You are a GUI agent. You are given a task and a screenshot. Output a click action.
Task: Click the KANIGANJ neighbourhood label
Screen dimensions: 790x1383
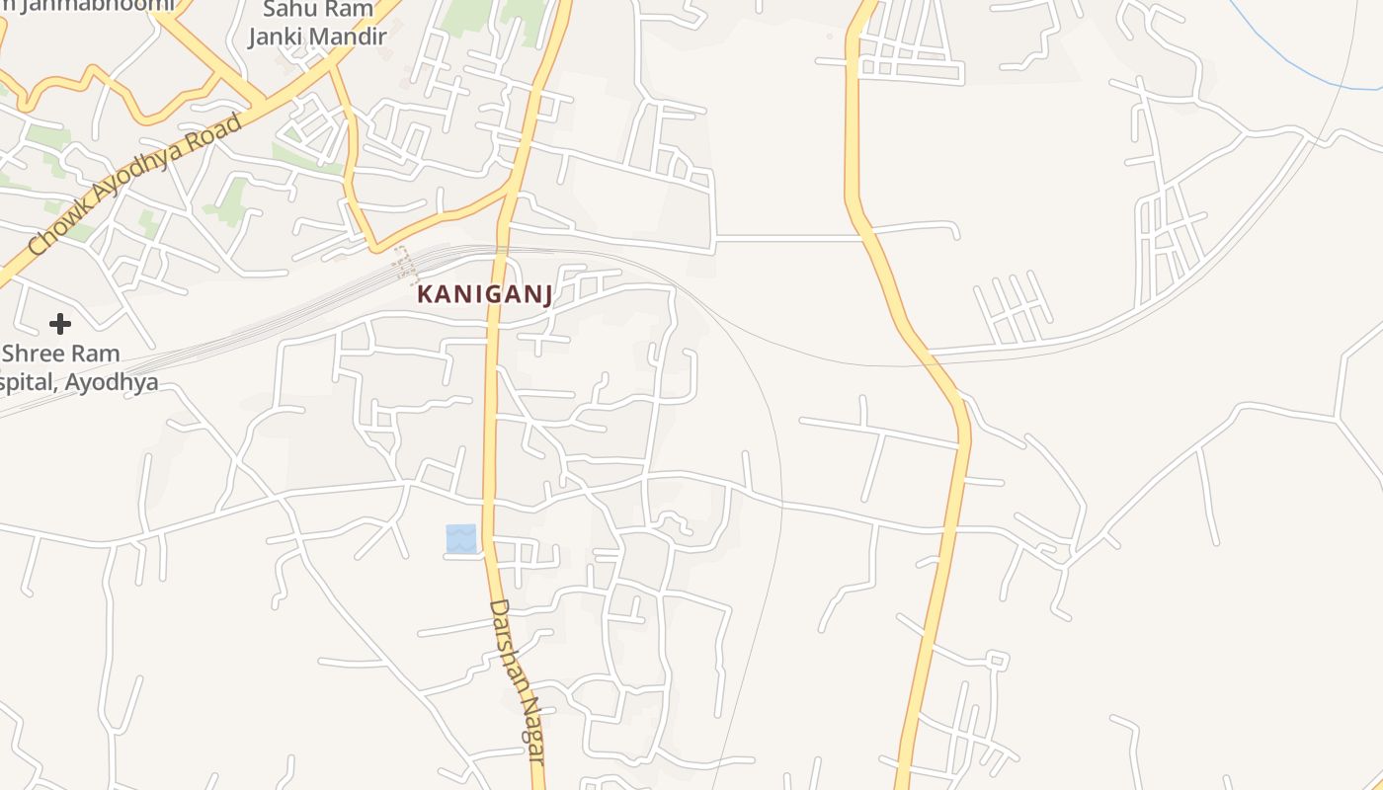coord(484,294)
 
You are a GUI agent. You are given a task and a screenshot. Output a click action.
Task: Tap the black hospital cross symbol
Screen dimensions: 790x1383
coord(60,323)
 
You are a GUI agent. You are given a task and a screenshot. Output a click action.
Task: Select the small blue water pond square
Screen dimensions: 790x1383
coord(460,539)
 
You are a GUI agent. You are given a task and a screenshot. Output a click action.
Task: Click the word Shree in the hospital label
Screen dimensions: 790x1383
coord(33,354)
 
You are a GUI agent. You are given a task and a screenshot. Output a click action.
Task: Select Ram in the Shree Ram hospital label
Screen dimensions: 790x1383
coord(95,354)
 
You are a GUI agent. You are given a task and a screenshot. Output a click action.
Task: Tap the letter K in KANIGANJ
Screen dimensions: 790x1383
coord(424,294)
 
